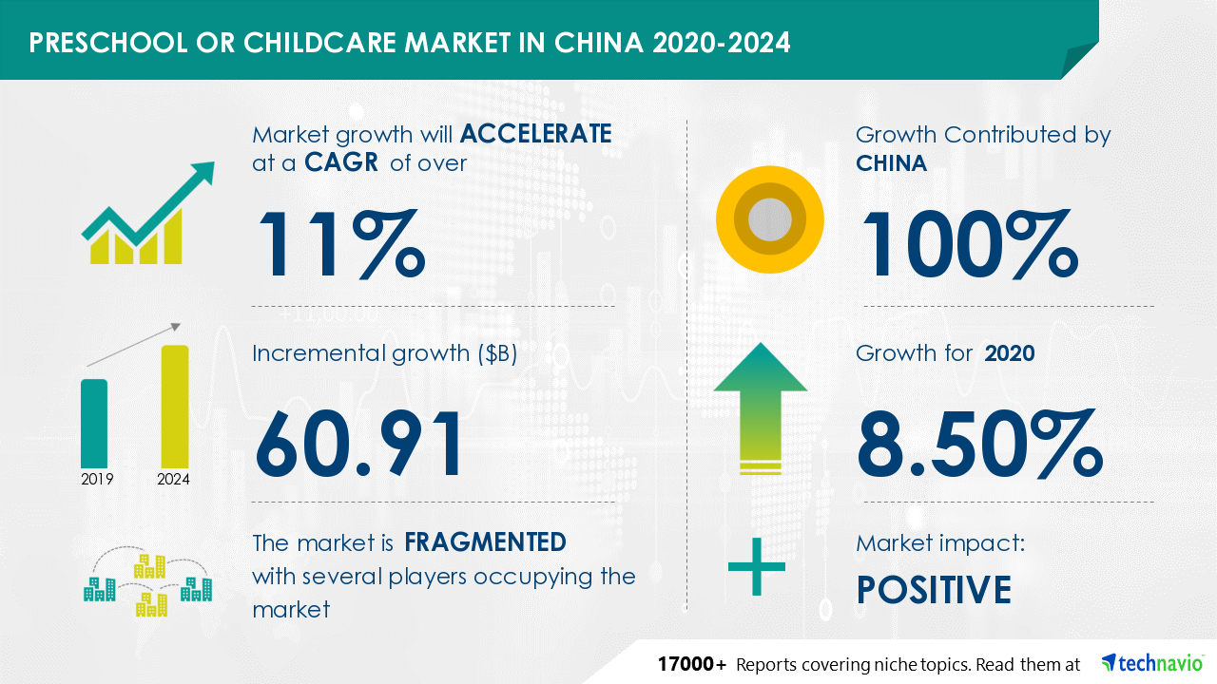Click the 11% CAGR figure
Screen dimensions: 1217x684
pyautogui.click(x=341, y=244)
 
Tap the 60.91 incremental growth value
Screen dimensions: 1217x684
pyautogui.click(x=358, y=444)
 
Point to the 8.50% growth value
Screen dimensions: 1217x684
pyautogui.click(x=980, y=444)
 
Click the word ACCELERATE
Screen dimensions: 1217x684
pyautogui.click(x=535, y=134)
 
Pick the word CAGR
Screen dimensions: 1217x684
pyautogui.click(x=341, y=162)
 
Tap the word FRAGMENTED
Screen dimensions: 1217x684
pyautogui.click(x=485, y=542)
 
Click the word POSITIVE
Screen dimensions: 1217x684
pyautogui.click(x=934, y=590)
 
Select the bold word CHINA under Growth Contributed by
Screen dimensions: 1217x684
pyautogui.click(x=891, y=163)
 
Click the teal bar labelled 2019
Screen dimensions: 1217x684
pyautogui.click(x=94, y=424)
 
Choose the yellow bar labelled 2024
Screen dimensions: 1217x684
pyautogui.click(x=175, y=407)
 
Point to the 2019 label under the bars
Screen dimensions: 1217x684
pyautogui.click(x=97, y=480)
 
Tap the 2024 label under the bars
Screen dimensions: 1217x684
pyautogui.click(x=173, y=480)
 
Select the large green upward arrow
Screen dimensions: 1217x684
pyautogui.click(x=761, y=408)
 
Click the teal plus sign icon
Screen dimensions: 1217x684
pyautogui.click(x=756, y=567)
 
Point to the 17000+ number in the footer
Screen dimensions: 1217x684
pyautogui.click(x=691, y=664)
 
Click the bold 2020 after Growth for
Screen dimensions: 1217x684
pyautogui.click(x=1010, y=353)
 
